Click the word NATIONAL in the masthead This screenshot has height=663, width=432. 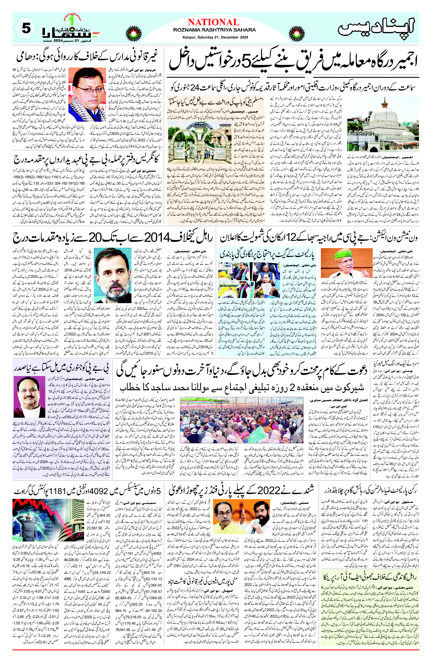pos(214,22)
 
